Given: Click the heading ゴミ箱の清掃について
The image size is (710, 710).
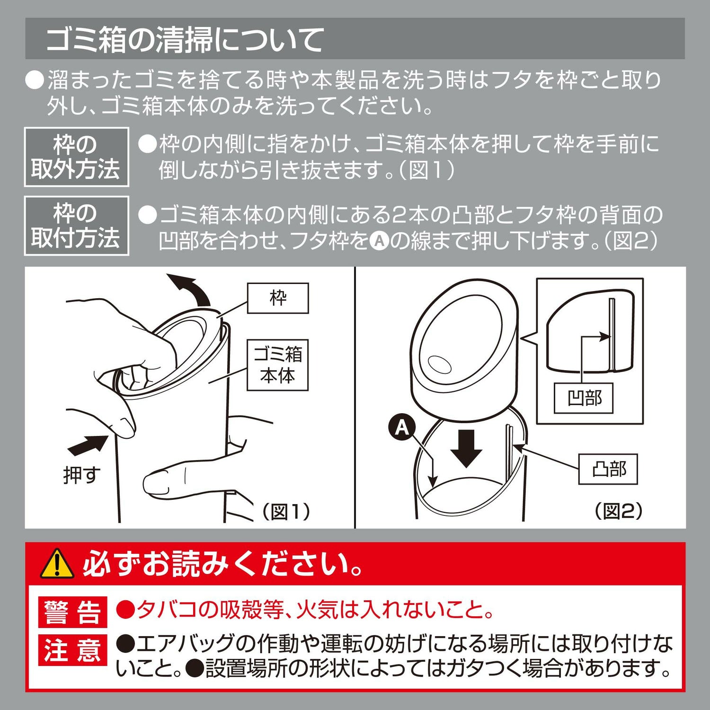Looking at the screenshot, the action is [185, 39].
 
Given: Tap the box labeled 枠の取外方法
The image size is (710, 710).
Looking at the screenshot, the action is [76, 157].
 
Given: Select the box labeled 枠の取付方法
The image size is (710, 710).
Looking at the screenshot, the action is [76, 225].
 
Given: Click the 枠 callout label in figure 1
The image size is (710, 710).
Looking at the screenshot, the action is [278, 298].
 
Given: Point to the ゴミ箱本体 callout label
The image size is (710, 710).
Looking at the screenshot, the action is [277, 365].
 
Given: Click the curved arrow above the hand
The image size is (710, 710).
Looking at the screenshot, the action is [192, 289].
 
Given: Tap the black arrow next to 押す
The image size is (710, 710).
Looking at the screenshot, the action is [88, 445].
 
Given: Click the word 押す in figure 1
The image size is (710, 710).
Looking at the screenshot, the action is [82, 474].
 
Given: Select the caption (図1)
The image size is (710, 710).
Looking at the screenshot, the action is [286, 511].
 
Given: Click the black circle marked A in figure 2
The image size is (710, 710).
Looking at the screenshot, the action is [401, 427].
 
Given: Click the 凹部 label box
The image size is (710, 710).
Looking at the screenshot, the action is [584, 398].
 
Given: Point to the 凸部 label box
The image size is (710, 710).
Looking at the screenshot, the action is [608, 469].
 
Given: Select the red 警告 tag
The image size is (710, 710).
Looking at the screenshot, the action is [72, 612].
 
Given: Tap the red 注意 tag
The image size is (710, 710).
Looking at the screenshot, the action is [72, 649].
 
